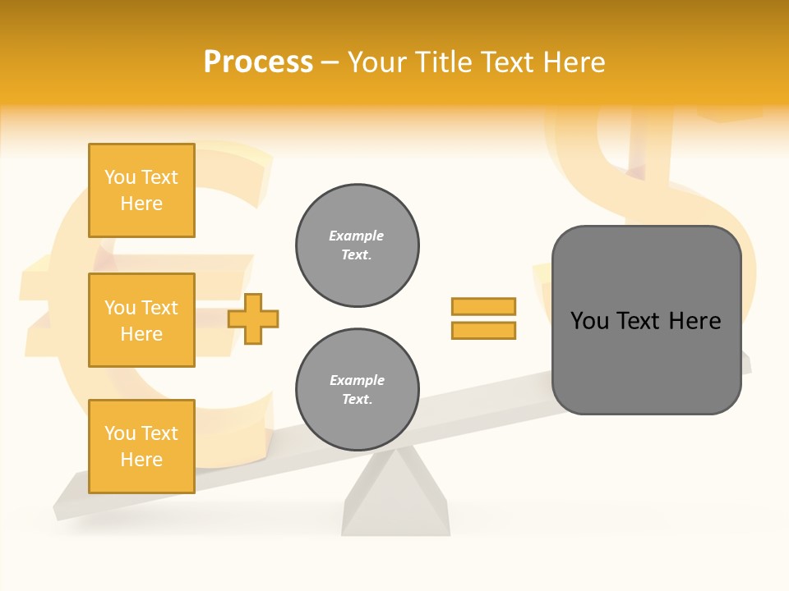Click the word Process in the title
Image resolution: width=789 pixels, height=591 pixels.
258,62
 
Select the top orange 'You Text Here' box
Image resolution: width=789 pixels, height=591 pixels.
141,190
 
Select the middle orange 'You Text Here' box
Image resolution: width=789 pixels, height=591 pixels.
141,320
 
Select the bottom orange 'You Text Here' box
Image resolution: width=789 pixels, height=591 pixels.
141,447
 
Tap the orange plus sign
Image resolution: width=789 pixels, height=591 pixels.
253,318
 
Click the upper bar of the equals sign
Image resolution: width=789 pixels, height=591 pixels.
483,306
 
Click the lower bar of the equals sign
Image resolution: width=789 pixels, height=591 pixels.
483,331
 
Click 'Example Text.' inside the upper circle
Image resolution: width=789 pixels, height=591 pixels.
357,245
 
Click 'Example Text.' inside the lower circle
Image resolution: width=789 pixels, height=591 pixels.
357,389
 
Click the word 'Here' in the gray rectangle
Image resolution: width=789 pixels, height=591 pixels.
694,321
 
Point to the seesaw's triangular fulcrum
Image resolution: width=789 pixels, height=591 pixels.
396,497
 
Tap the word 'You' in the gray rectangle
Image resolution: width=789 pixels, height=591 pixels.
589,321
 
